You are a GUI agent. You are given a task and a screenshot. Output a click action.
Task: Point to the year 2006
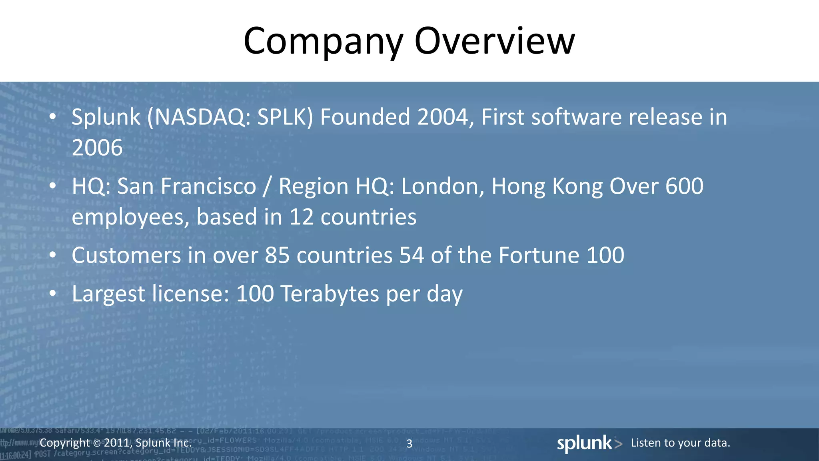coord(97,148)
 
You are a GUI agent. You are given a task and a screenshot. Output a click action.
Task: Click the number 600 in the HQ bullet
coord(684,186)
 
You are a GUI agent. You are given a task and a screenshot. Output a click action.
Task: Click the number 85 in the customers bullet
coord(277,256)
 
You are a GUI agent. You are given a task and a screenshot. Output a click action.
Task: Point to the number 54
coord(411,256)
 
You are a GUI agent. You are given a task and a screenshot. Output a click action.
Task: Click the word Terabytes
coord(330,294)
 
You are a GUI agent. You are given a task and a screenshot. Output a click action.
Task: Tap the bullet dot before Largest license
coord(53,294)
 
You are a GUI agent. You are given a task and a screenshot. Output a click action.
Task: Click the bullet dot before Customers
coord(53,256)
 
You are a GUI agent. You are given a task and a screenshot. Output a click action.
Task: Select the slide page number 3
coord(409,444)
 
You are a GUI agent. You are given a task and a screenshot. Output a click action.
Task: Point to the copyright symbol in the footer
coord(97,443)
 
